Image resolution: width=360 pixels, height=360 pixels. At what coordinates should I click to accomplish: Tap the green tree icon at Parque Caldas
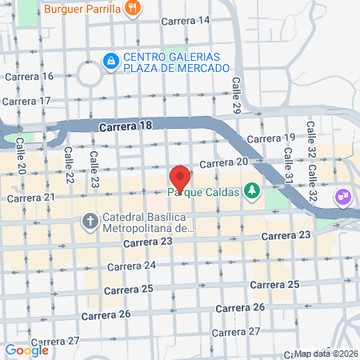253,190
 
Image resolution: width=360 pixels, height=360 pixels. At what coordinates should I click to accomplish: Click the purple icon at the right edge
343,194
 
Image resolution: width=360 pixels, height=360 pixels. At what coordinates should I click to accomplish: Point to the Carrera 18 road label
126,126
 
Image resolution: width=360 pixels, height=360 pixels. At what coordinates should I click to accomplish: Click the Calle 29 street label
237,94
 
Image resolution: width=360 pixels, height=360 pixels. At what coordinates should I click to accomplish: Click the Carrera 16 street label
30,77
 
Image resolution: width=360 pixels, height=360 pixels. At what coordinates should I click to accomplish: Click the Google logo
26,350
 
